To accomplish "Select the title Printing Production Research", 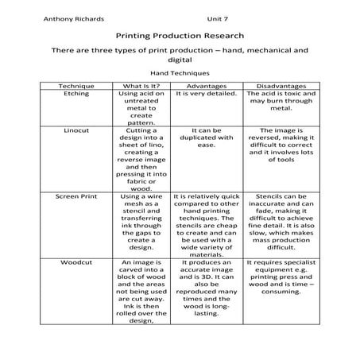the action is tap(180, 36).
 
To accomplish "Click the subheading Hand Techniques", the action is tap(180, 72).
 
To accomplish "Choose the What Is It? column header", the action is tap(141, 84).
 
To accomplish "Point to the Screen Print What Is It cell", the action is tap(141, 221).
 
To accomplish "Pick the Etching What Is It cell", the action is tap(141, 107).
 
